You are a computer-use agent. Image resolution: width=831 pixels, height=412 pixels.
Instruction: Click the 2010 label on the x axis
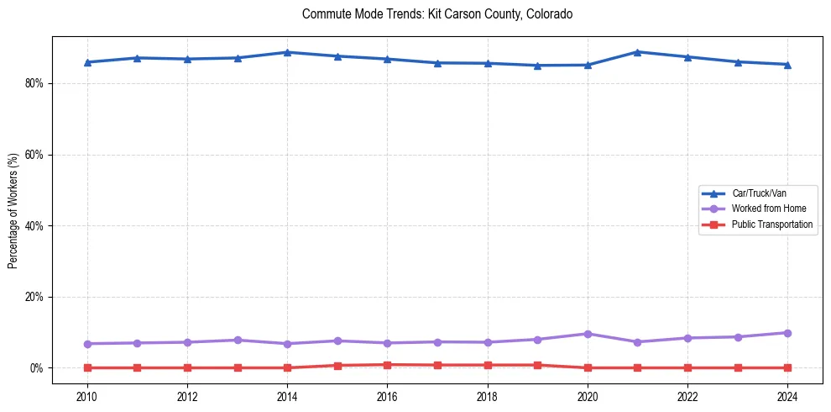pos(86,396)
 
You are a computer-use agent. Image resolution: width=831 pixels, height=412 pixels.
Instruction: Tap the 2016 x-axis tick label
pos(387,396)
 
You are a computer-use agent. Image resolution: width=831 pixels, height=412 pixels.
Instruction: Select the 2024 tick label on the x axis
pos(787,396)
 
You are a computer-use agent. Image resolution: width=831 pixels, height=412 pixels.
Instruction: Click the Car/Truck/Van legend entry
pos(759,193)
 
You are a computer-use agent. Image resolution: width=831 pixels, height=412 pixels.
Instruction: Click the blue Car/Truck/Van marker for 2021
pos(637,52)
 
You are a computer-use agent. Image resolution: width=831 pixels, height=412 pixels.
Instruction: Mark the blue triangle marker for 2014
pos(287,52)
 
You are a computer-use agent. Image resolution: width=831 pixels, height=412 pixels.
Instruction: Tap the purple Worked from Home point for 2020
pos(588,334)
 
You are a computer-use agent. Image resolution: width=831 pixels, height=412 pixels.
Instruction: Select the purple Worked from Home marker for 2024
pos(787,333)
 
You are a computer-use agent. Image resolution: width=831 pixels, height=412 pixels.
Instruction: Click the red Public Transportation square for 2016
pos(387,365)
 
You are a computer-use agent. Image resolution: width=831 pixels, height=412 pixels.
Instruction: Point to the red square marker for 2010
pos(86,367)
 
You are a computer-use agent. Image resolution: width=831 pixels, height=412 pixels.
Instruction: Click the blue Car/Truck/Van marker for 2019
pos(537,66)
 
